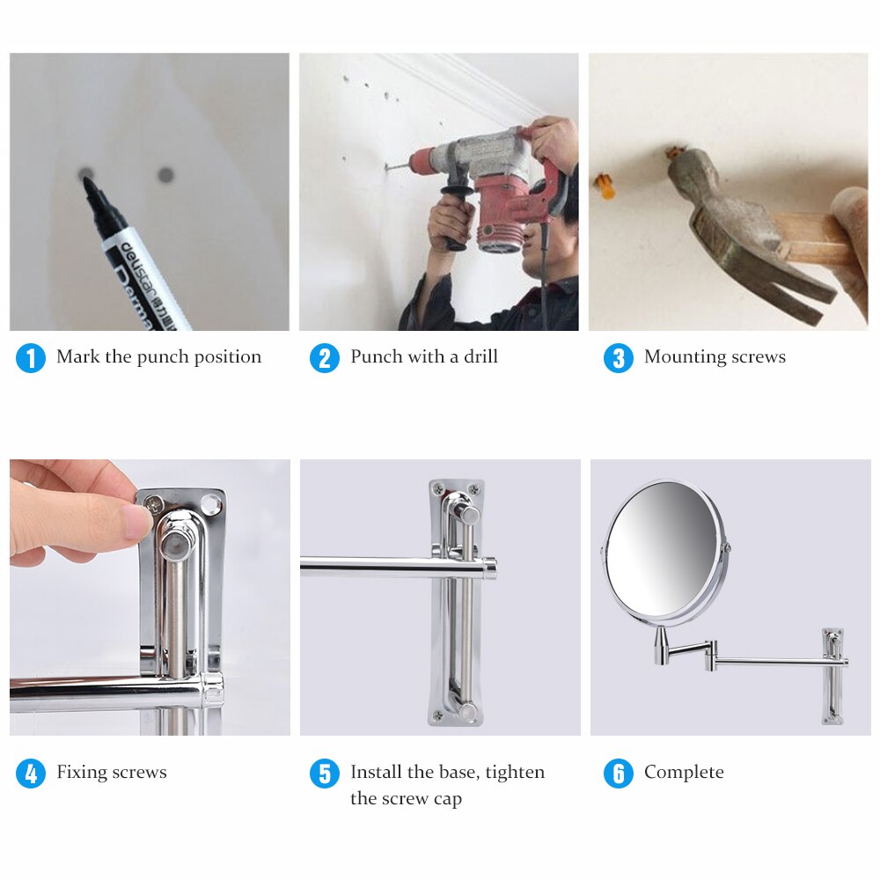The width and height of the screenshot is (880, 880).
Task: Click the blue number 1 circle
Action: coord(31,358)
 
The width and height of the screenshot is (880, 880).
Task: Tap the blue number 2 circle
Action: coord(325,358)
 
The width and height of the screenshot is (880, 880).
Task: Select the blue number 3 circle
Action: coord(619,358)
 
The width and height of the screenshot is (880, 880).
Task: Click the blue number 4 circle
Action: coord(31,774)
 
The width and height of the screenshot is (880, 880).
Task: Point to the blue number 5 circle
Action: coord(325,774)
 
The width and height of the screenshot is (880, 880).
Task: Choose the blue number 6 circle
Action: coord(619,774)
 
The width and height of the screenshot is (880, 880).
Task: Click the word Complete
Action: coord(684,772)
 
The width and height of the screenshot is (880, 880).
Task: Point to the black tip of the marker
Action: coord(89,187)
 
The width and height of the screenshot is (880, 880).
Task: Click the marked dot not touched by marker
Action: coord(165,174)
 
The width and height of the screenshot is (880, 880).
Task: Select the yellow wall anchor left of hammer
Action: coord(603,185)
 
